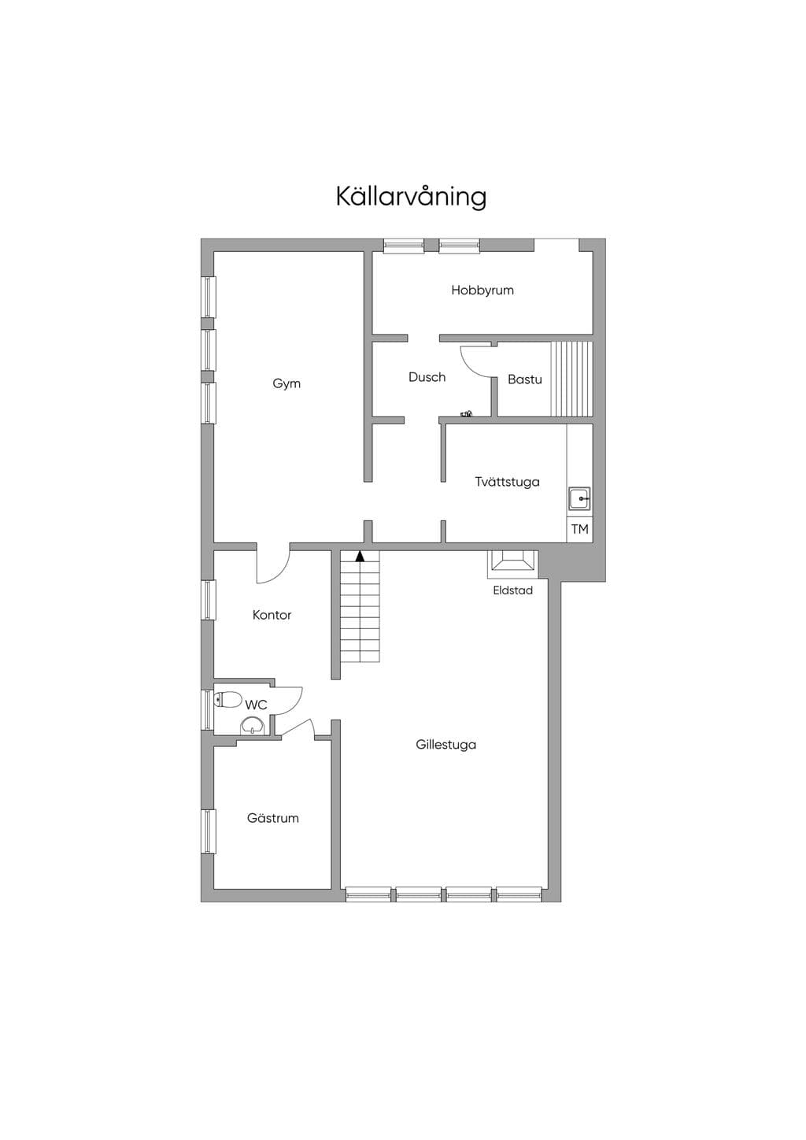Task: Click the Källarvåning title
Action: tap(411, 197)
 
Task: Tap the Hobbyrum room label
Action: tap(482, 290)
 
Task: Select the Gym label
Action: tap(287, 383)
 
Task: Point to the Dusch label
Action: tap(427, 377)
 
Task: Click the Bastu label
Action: tap(525, 379)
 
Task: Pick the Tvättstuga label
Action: tap(508, 482)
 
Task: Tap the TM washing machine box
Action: tap(579, 529)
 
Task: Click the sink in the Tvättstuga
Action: tap(580, 498)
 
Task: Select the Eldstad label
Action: tap(513, 590)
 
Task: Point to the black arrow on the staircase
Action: tap(360, 556)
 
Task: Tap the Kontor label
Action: tap(272, 615)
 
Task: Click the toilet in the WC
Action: tap(228, 700)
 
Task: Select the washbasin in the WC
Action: tap(252, 725)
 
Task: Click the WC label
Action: tap(256, 705)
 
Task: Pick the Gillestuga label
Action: tap(446, 745)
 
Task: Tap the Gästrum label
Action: tap(273, 818)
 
